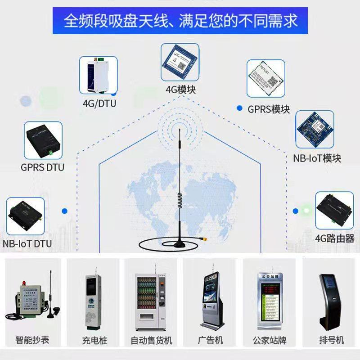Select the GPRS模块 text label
pyautogui.click(x=269, y=109)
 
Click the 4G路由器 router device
pyautogui.click(x=334, y=210)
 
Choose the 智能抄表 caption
pyautogui.click(x=32, y=340)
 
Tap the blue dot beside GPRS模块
pyautogui.click(x=239, y=108)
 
